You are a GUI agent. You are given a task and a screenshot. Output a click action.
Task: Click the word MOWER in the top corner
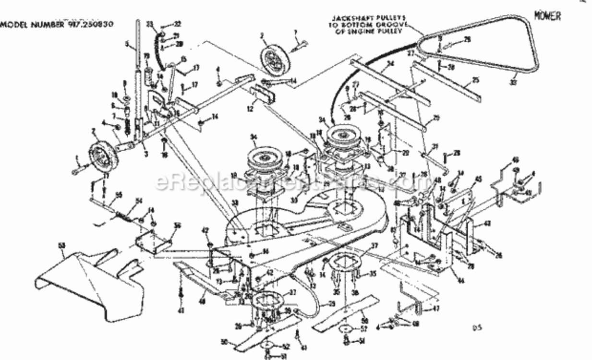[x=547, y=16]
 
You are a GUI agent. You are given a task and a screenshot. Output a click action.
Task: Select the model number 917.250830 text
[x=57, y=24]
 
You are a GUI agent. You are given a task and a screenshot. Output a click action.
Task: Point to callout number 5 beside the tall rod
[x=127, y=44]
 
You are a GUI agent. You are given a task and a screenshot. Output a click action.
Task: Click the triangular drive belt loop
[x=480, y=48]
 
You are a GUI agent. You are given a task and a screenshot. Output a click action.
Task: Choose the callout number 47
[x=435, y=309]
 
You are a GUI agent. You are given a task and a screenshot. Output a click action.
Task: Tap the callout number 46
[x=502, y=160]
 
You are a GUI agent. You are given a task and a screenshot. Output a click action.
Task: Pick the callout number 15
[x=183, y=60]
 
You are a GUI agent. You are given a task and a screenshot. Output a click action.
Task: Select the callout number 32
[x=178, y=24]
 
